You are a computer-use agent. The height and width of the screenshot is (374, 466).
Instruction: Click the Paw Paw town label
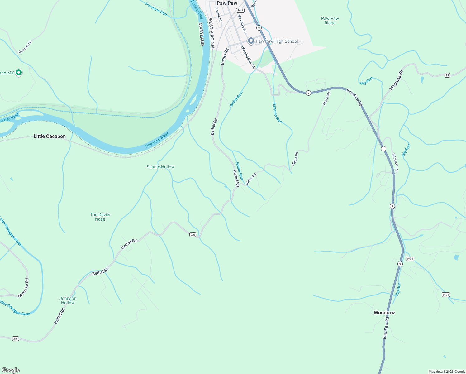pos(227,3)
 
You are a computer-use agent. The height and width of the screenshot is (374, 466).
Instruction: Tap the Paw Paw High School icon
pos(251,41)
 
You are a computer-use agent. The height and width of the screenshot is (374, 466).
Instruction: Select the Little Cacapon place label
pos(50,136)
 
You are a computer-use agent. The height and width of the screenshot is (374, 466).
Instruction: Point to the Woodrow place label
pos(384,313)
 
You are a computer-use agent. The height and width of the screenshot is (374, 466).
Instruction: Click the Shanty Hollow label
pos(160,167)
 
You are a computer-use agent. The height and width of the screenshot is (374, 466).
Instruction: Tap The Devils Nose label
pos(100,217)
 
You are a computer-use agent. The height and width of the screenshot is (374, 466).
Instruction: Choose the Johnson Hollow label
pos(68,300)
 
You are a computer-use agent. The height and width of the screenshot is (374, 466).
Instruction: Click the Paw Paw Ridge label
pos(330,21)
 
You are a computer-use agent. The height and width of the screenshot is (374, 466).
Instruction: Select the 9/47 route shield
pos(240,11)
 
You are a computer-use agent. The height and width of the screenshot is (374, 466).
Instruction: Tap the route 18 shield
pos(447,75)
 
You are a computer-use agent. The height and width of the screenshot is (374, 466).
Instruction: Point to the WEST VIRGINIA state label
pos(212,33)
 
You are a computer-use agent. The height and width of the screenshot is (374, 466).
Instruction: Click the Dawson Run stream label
pos(277,113)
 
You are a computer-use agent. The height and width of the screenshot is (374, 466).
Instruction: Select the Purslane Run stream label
pos(156,9)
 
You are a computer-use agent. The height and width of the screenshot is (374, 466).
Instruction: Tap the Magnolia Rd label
pos(396,80)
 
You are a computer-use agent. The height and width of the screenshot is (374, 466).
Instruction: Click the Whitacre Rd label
pos(395,162)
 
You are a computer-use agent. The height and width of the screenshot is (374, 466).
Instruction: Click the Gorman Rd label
pos(25,47)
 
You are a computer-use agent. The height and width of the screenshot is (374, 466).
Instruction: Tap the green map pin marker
pos(19,73)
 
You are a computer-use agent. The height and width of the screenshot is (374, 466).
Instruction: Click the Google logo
pos(10,370)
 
